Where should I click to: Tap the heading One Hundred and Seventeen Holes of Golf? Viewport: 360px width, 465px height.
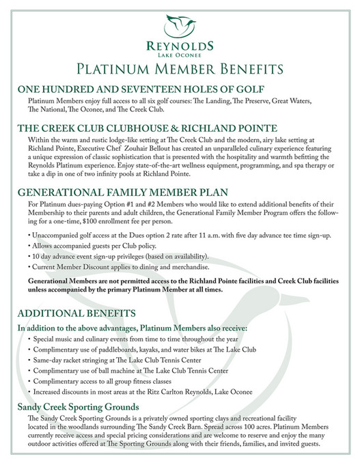(141, 90)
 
